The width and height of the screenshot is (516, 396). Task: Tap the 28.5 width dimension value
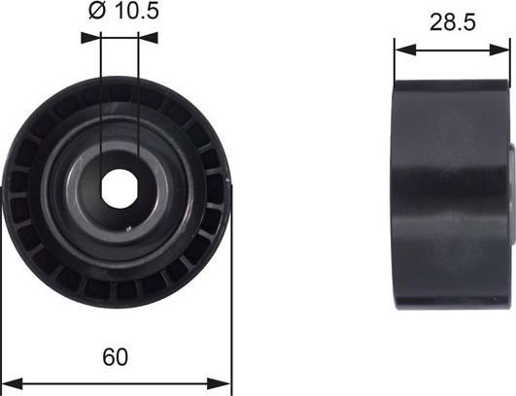[x=452, y=21]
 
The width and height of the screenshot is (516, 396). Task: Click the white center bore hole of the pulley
[x=119, y=187]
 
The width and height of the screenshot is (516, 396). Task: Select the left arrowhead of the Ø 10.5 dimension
[x=94, y=38]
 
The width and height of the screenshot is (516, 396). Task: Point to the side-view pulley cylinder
[x=449, y=194]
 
